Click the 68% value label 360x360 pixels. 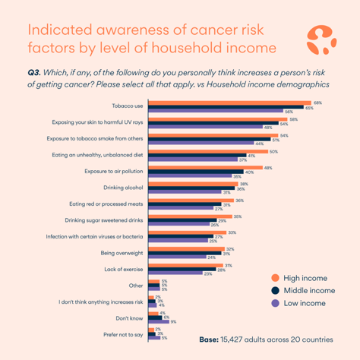[317, 103]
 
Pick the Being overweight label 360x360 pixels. [123, 253]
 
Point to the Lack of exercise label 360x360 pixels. [124, 270]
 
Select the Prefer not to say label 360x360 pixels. [122, 335]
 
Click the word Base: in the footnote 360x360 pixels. [210, 340]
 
